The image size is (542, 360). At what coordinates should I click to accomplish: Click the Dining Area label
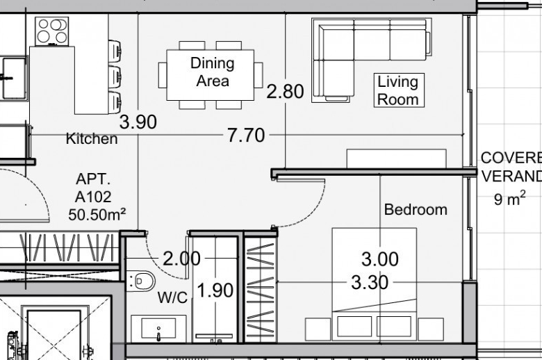(x=212, y=72)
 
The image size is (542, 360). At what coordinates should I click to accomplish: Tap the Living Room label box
(x=399, y=90)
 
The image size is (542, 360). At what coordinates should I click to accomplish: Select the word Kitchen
(x=92, y=138)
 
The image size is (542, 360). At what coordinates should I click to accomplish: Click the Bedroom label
(x=416, y=210)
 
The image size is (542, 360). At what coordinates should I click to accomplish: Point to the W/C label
(x=172, y=297)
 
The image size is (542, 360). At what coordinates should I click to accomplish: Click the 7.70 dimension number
(x=246, y=136)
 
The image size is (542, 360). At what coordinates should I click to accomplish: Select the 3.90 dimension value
(x=138, y=122)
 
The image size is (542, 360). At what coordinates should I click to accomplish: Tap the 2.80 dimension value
(x=285, y=91)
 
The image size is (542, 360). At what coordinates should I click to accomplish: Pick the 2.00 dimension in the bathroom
(x=181, y=259)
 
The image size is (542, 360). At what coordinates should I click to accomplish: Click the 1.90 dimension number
(x=215, y=290)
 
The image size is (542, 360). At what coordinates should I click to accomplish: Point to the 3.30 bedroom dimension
(x=370, y=283)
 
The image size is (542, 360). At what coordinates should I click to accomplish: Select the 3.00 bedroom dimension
(x=380, y=259)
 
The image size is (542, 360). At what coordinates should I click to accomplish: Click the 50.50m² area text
(x=97, y=215)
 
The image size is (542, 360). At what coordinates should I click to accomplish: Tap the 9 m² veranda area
(x=509, y=198)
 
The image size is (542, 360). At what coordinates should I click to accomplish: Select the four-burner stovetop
(x=52, y=31)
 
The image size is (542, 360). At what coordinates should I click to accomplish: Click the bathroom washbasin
(x=158, y=329)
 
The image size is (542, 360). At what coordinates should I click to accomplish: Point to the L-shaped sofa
(x=372, y=60)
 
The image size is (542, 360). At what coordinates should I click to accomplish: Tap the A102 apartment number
(x=93, y=197)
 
